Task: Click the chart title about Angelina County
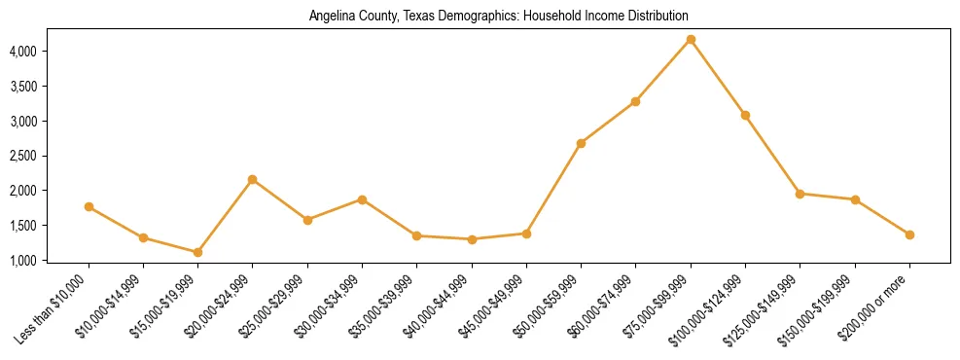(x=498, y=17)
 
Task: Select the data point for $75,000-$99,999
(x=691, y=39)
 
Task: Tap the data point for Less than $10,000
(x=89, y=206)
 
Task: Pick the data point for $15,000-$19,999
(x=197, y=252)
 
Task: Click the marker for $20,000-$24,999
(x=253, y=179)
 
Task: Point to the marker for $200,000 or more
(x=909, y=234)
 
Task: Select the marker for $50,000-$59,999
(x=581, y=143)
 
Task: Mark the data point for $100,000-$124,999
(x=745, y=115)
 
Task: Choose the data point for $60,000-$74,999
(x=635, y=101)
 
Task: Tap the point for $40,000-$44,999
(x=472, y=239)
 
